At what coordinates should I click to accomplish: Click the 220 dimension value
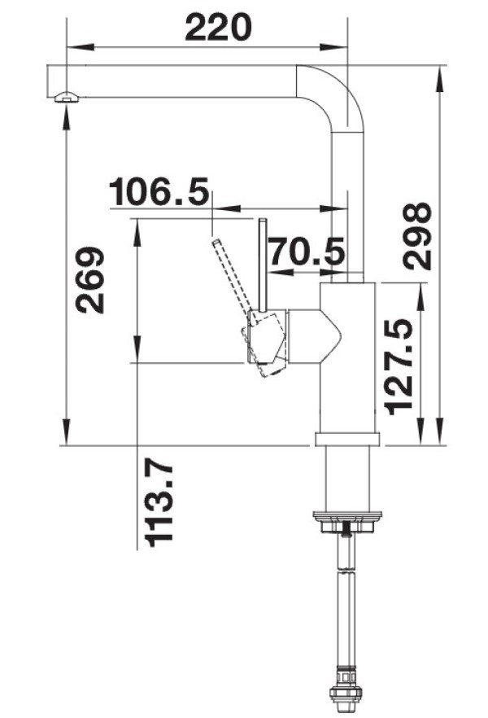(218, 27)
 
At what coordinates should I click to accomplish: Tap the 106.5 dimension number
(159, 191)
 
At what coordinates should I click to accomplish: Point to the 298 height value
(416, 236)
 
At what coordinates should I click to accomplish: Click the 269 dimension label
(90, 280)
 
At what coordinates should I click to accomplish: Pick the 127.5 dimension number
(399, 366)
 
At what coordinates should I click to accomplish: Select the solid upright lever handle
(263, 265)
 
